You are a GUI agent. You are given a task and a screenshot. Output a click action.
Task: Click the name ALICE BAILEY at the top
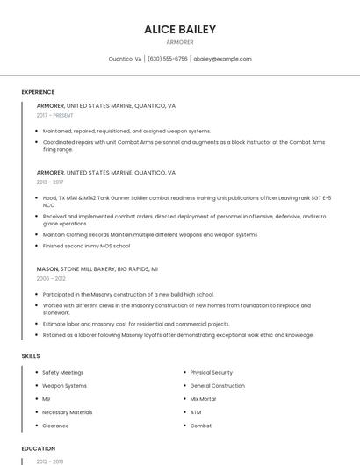(179, 29)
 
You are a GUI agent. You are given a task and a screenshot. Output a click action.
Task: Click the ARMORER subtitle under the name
(179, 42)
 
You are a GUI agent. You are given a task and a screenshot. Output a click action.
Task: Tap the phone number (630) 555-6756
(167, 59)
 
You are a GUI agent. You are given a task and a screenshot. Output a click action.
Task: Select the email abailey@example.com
(222, 59)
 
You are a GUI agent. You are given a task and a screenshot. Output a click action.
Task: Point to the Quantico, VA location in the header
(125, 59)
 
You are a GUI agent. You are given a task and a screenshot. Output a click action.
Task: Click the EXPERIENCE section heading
(38, 92)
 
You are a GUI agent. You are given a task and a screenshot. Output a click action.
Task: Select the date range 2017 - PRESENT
(54, 115)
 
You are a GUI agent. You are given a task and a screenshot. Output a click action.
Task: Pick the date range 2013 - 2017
(50, 182)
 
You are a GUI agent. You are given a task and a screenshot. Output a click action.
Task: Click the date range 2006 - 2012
(51, 278)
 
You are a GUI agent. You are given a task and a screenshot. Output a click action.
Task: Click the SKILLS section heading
(31, 356)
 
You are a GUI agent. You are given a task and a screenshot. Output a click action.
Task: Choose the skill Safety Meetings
(63, 372)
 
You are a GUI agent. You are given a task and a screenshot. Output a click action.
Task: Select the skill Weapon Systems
(64, 385)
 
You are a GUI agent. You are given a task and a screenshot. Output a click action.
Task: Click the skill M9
(47, 398)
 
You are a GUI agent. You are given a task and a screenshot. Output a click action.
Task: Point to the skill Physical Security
(211, 372)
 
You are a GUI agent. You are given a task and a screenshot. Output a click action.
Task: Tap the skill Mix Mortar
(203, 398)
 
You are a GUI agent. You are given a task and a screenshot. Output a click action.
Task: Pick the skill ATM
(195, 411)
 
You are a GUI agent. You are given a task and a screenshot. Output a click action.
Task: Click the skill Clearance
(55, 426)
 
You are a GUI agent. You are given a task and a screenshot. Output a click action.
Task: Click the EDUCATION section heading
(38, 448)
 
